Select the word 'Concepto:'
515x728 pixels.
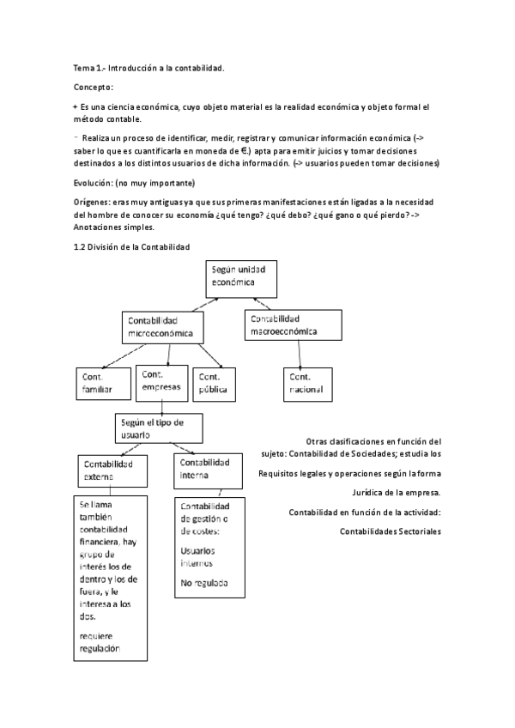pos(94,87)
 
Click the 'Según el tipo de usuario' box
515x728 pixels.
pos(158,427)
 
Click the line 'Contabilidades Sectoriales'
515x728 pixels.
pos(391,531)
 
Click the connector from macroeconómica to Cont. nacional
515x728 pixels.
pos(300,354)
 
